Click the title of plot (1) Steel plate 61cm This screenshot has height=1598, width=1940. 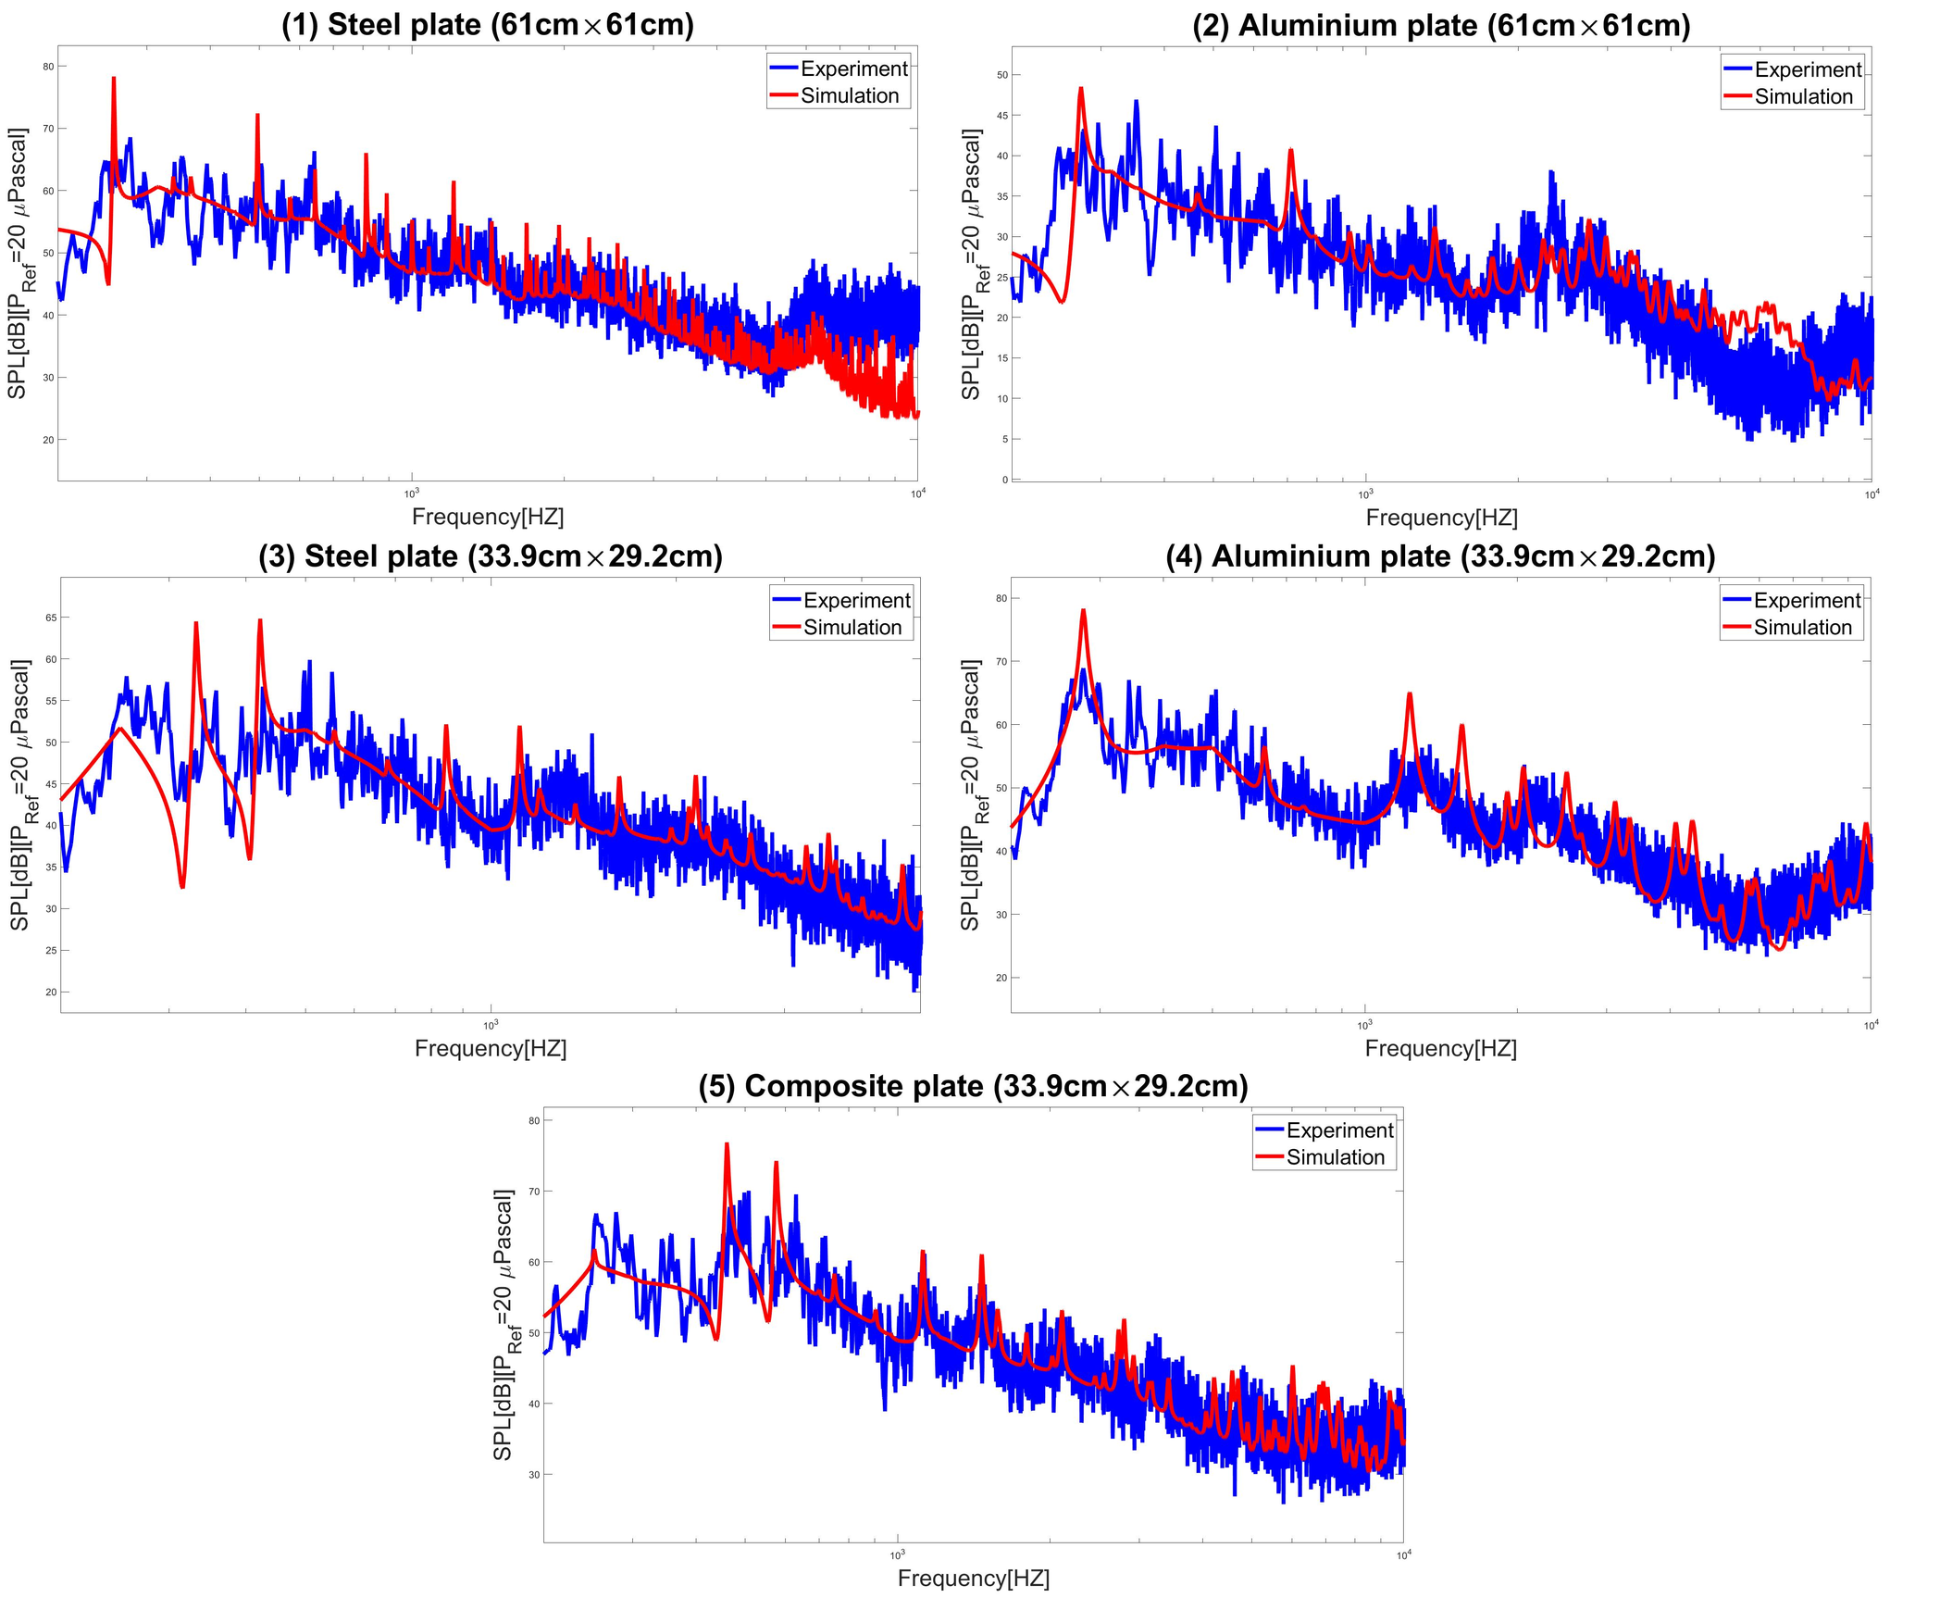[x=487, y=25]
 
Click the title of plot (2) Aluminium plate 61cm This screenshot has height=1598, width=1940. [x=1441, y=26]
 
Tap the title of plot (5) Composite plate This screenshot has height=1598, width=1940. [x=973, y=1086]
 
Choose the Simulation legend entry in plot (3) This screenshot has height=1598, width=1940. [x=852, y=628]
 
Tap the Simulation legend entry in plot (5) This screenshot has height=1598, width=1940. [x=1335, y=1157]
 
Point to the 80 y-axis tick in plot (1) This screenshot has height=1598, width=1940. [x=48, y=67]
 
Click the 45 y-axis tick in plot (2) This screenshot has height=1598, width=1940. [x=1002, y=116]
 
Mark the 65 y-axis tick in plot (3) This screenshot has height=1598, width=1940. [x=51, y=618]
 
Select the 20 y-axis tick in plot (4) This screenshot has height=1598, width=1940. [x=1001, y=978]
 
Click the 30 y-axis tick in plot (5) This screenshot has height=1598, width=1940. [x=534, y=1475]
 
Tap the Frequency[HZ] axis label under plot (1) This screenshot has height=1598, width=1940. [x=487, y=517]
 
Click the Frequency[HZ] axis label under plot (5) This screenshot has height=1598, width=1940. [x=973, y=1578]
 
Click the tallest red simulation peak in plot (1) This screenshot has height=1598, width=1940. [x=114, y=80]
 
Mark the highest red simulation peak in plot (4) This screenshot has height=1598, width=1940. [x=1083, y=611]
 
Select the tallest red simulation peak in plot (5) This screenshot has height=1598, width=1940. [x=727, y=1145]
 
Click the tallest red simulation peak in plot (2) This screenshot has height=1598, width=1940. [x=1080, y=89]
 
